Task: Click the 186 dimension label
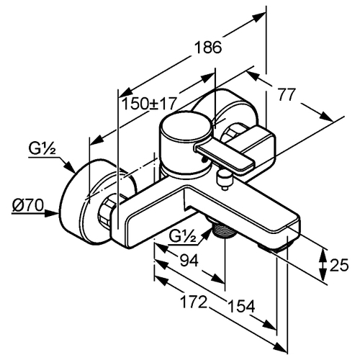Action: click(x=208, y=48)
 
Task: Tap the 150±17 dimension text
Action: click(x=149, y=104)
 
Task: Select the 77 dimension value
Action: click(x=286, y=94)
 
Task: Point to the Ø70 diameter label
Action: click(x=28, y=205)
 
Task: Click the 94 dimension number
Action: click(x=189, y=261)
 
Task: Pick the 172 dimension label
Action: click(x=194, y=302)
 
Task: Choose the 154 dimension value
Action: click(x=241, y=306)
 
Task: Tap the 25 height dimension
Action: click(x=339, y=265)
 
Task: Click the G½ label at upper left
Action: click(x=42, y=149)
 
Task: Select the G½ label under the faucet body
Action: click(x=183, y=236)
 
